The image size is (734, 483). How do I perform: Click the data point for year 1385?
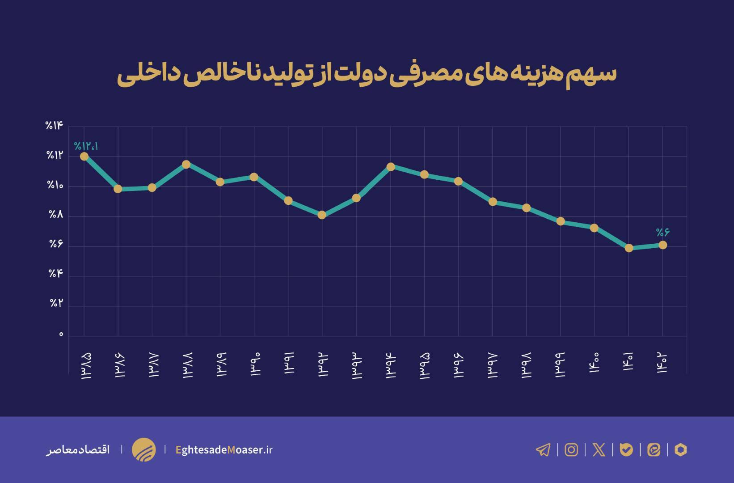pos(84,156)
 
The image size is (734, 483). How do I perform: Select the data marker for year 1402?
pos(662,245)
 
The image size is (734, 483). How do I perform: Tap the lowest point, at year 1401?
pos(629,248)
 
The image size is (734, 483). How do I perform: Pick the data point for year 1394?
pos(390,167)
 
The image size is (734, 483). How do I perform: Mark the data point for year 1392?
pos(322,215)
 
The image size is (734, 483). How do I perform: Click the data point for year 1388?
pos(186,164)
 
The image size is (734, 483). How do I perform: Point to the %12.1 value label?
pos(86,146)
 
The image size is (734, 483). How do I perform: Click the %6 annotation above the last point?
pos(662,232)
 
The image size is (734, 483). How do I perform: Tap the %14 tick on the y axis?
pos(55,126)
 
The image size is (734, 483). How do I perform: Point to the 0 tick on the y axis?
pos(61,335)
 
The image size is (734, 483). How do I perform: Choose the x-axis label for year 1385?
pos(85,366)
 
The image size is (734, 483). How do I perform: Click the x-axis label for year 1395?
pos(425,366)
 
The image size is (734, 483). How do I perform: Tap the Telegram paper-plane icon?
pos(543,449)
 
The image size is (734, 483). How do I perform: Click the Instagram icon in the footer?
pos(571,449)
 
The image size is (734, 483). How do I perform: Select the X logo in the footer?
pos(599,449)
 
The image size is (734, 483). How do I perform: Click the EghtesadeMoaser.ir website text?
pos(224,449)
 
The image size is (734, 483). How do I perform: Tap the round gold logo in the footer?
pos(143,449)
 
